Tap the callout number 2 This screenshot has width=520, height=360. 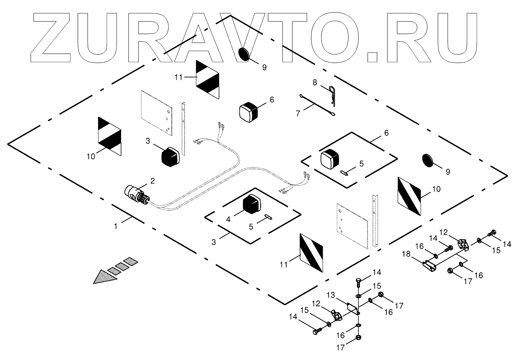click(x=153, y=181)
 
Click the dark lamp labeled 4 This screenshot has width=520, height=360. click(x=252, y=205)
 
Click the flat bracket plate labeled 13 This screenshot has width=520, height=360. click(x=352, y=309)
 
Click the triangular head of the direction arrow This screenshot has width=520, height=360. click(x=102, y=277)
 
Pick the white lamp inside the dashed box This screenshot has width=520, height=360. click(x=331, y=158)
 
